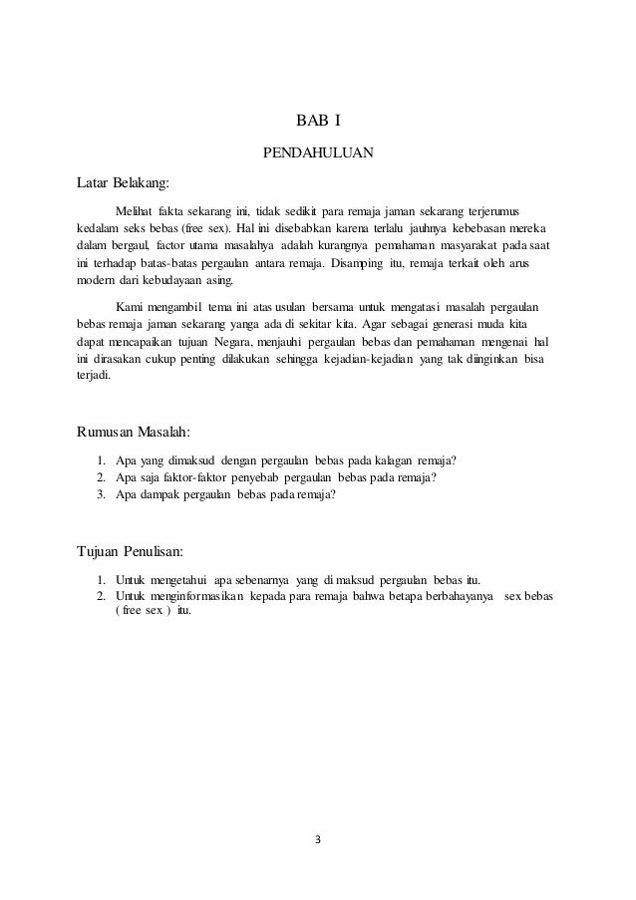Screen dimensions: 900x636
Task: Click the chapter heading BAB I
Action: click(x=318, y=123)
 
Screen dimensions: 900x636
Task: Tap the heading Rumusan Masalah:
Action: click(x=134, y=432)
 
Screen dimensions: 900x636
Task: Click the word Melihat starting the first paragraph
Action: click(x=137, y=210)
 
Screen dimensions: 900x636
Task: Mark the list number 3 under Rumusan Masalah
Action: click(x=102, y=493)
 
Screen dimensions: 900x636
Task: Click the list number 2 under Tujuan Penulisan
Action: click(x=102, y=595)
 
